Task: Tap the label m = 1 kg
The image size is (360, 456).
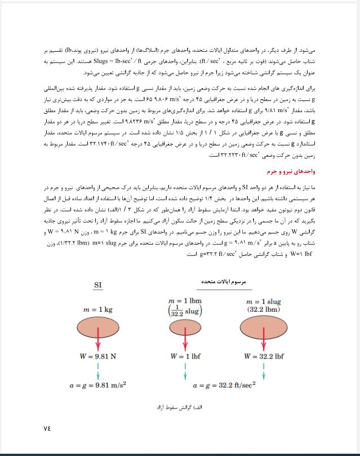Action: [x=98, y=310]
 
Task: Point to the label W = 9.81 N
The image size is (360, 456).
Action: [x=98, y=356]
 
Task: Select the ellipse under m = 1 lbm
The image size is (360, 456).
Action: [x=185, y=328]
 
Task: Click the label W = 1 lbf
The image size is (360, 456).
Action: [x=185, y=356]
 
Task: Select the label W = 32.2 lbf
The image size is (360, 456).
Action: [x=264, y=356]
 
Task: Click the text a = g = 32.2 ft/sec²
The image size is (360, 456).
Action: [x=224, y=386]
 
